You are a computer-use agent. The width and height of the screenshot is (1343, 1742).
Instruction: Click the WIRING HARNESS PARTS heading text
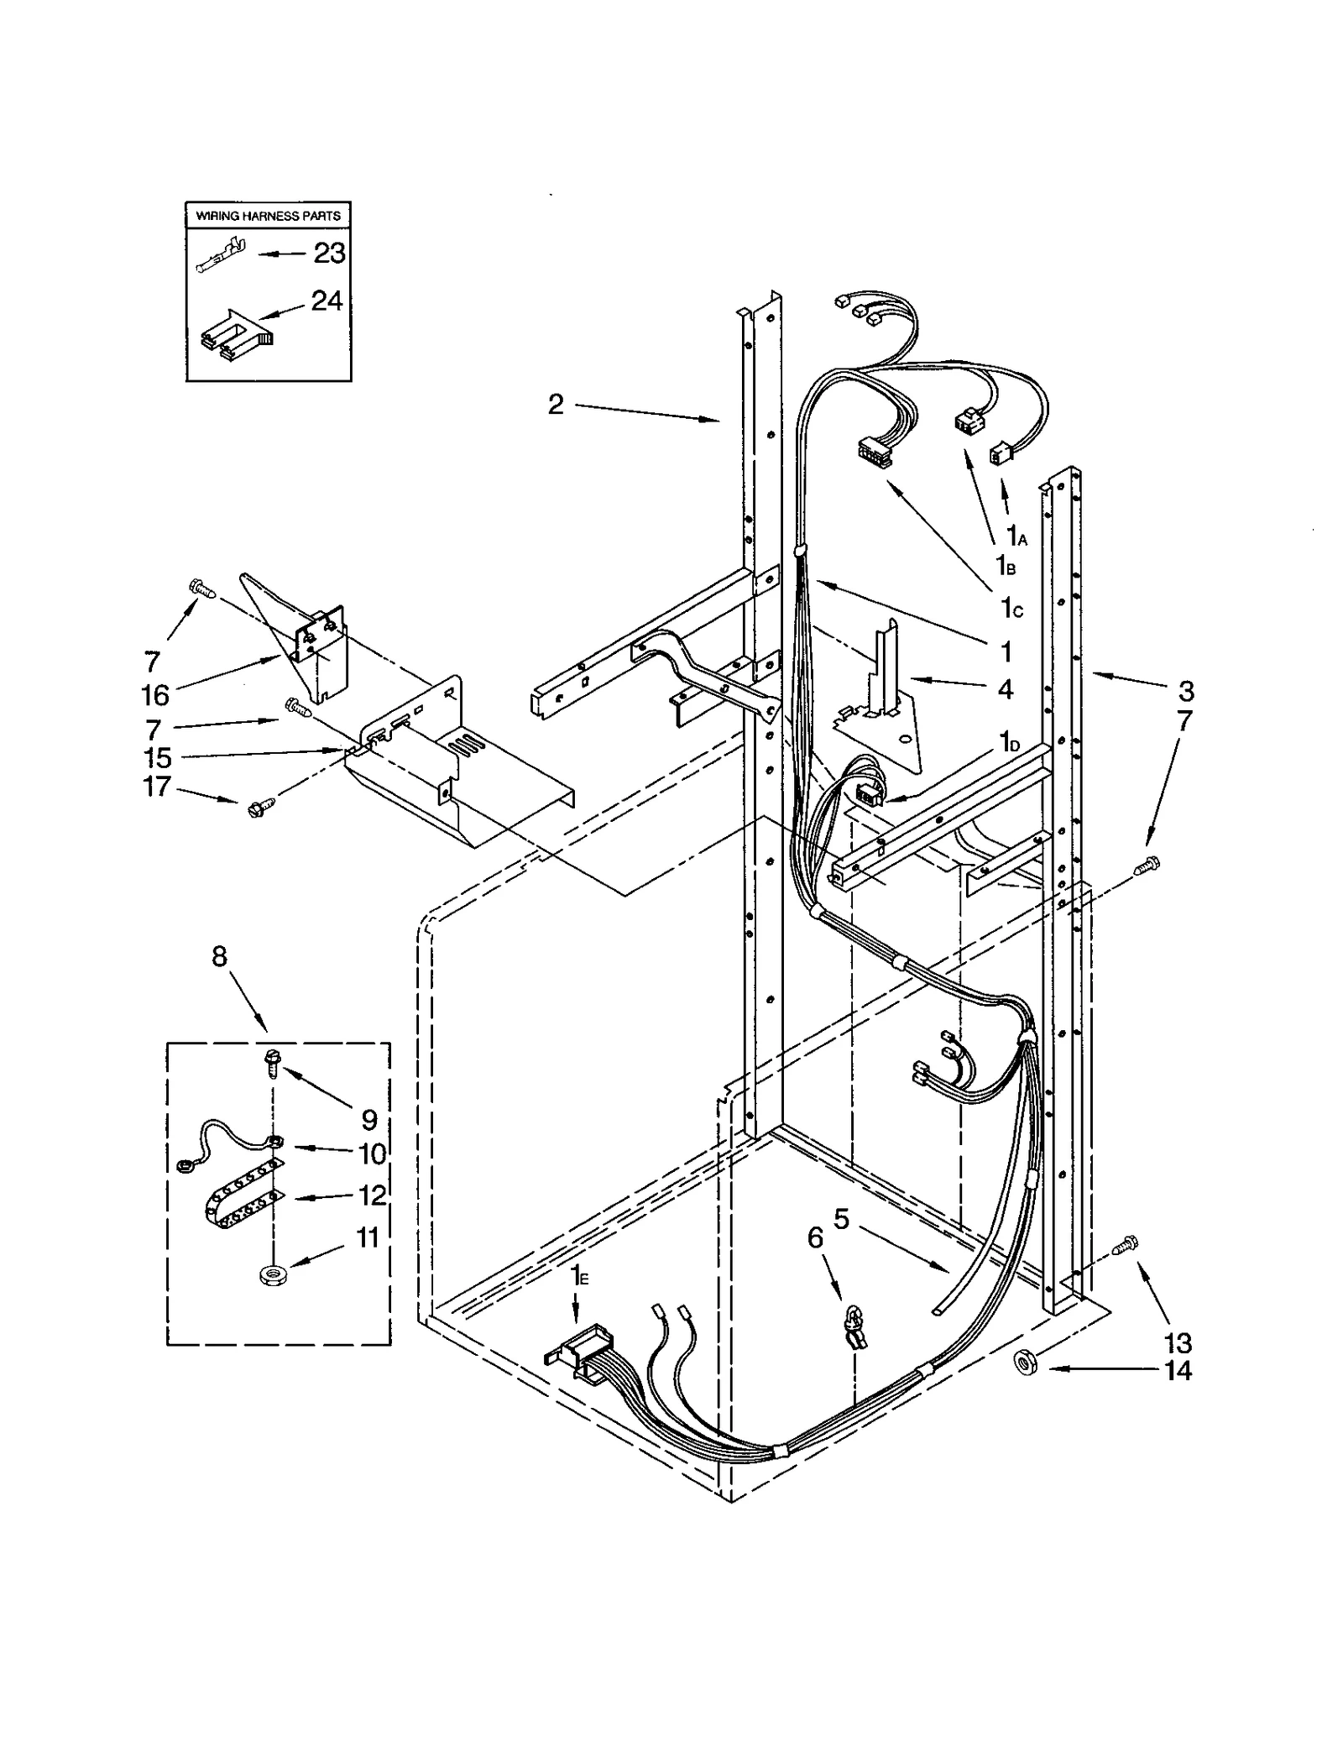pyautogui.click(x=268, y=216)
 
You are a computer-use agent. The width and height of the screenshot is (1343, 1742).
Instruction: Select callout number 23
pyautogui.click(x=329, y=254)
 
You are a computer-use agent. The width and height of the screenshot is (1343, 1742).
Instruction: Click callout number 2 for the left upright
pyautogui.click(x=556, y=405)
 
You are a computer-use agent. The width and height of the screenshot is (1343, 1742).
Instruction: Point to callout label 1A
pyautogui.click(x=1016, y=535)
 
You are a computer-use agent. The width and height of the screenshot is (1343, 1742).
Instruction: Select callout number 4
pyautogui.click(x=1005, y=689)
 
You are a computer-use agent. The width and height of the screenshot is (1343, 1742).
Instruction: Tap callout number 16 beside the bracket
pyautogui.click(x=155, y=695)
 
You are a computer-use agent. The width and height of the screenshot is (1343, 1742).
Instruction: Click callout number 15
pyautogui.click(x=157, y=758)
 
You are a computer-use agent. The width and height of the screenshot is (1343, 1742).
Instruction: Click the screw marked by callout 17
pyautogui.click(x=257, y=809)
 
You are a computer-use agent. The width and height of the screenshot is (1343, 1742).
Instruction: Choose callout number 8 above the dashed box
pyautogui.click(x=219, y=956)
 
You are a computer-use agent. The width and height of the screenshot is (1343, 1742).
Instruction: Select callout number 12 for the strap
pyautogui.click(x=372, y=1195)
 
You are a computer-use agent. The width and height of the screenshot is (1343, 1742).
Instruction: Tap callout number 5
pyautogui.click(x=841, y=1218)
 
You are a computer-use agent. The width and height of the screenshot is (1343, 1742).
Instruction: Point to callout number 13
pyautogui.click(x=1178, y=1342)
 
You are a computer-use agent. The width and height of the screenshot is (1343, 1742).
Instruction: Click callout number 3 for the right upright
pyautogui.click(x=1184, y=691)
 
